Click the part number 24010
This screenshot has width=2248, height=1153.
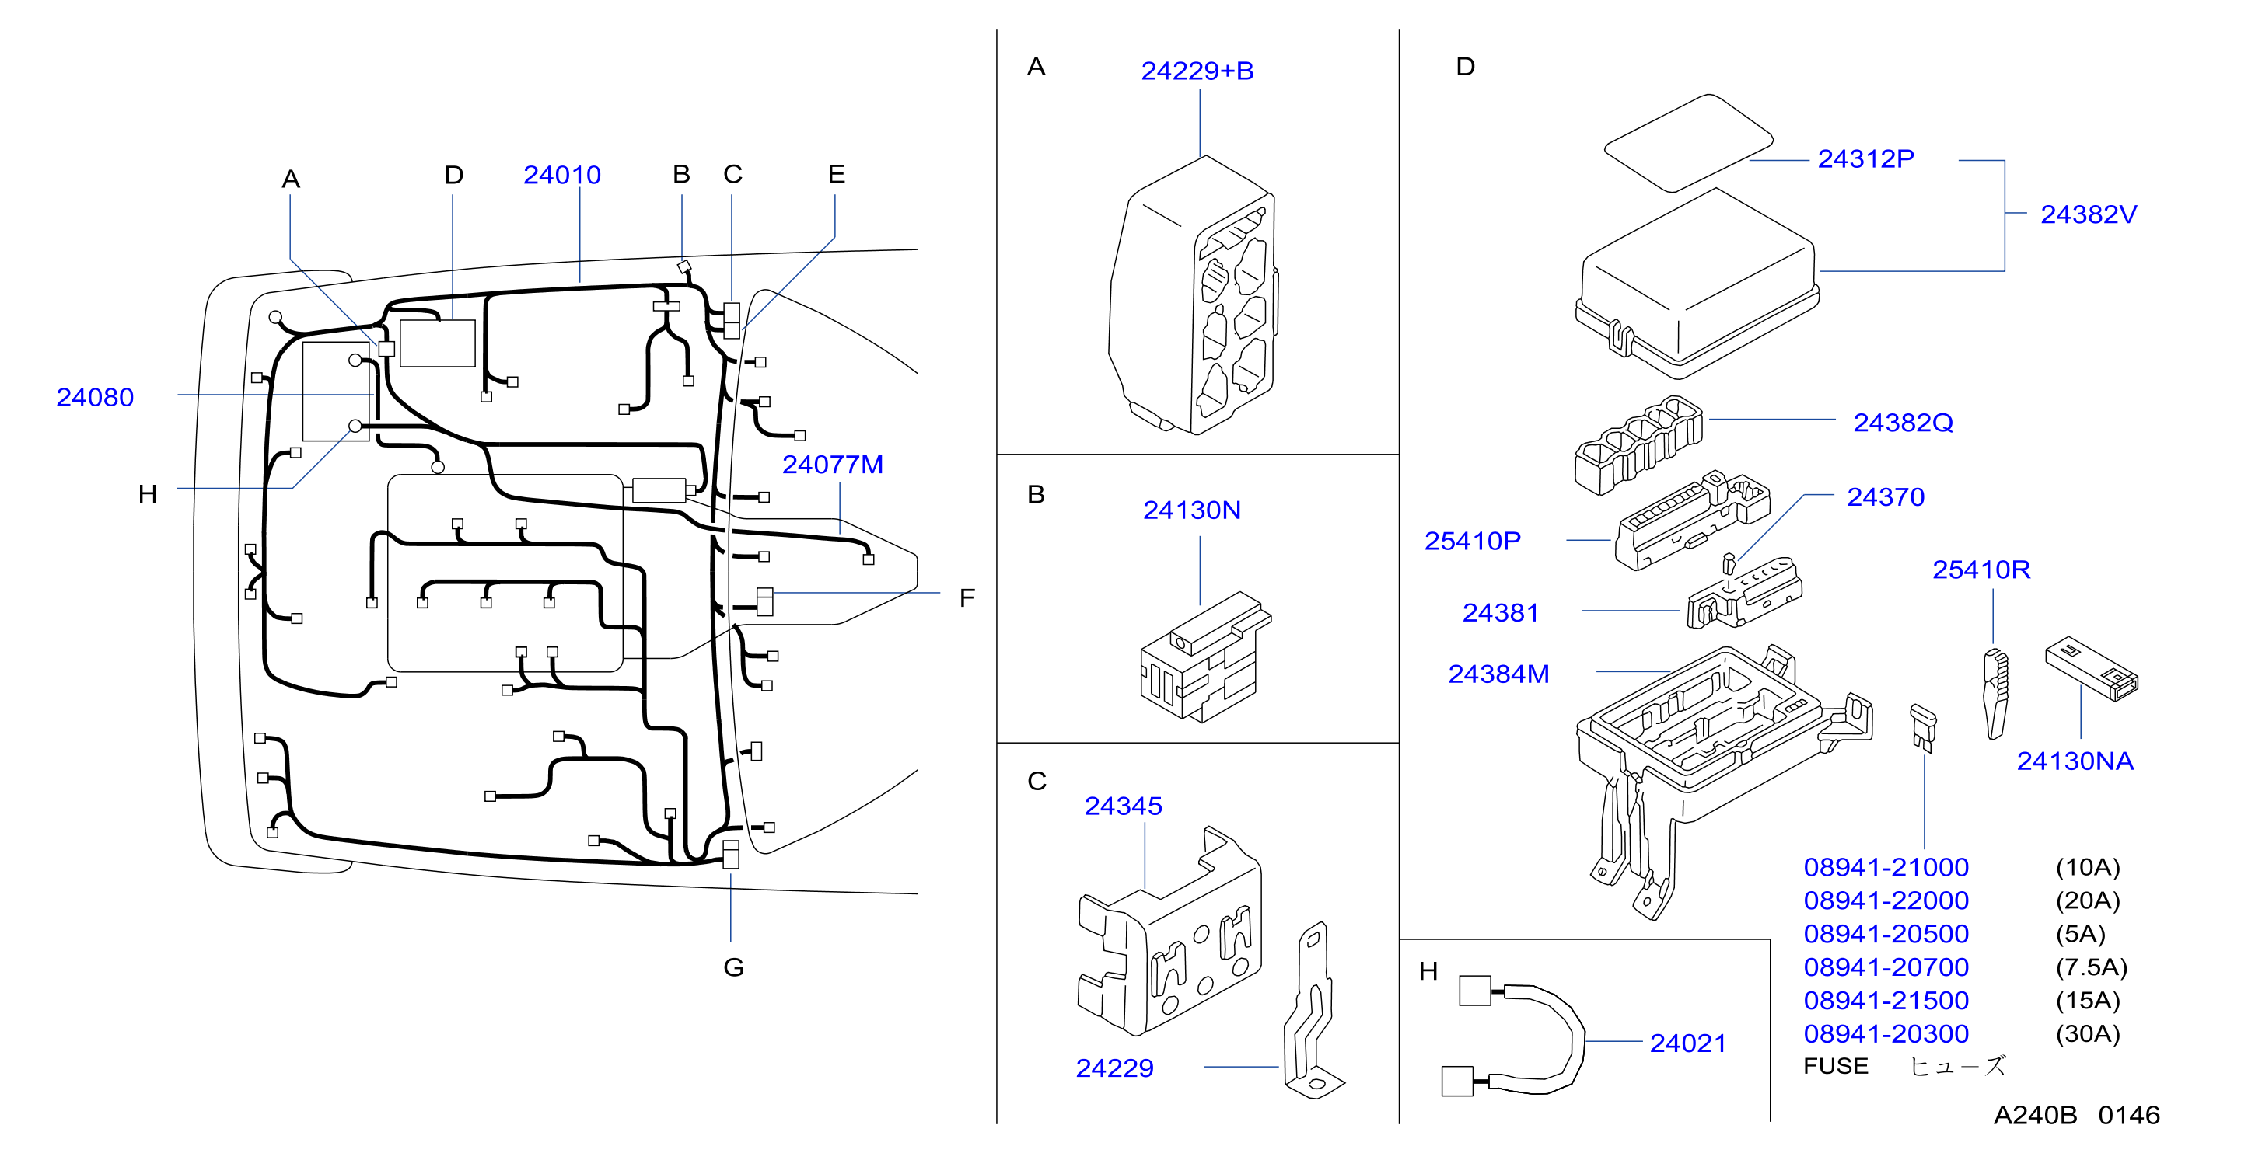(x=562, y=176)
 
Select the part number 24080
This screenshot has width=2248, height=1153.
(x=95, y=398)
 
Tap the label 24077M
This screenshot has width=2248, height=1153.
(x=833, y=465)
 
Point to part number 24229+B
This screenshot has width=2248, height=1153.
(x=1197, y=71)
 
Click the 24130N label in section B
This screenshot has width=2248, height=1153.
(x=1192, y=510)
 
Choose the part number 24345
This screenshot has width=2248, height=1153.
(x=1123, y=806)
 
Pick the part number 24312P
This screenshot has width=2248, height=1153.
(x=1865, y=158)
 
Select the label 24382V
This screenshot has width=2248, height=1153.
(x=2089, y=214)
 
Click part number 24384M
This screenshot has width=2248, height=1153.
(x=1498, y=674)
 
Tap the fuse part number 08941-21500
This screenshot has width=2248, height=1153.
(x=1886, y=1001)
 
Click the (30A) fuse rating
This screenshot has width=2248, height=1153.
(x=2087, y=1033)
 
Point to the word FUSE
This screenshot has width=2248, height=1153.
(x=1835, y=1066)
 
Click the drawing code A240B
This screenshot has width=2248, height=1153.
(x=2035, y=1116)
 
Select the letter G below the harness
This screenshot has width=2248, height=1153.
(x=734, y=967)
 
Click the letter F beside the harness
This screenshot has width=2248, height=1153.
(x=967, y=598)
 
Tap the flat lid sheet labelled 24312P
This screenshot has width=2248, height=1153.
(x=1689, y=143)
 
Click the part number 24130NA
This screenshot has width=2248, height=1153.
(x=2075, y=761)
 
